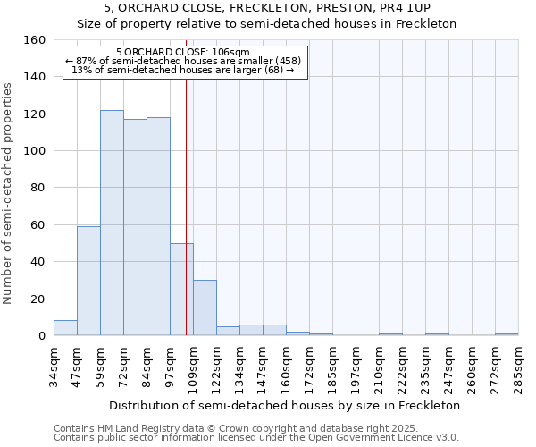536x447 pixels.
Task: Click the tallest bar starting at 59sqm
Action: (x=112, y=223)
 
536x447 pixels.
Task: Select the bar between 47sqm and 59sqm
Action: (x=88, y=281)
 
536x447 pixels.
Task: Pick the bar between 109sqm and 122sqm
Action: (x=205, y=308)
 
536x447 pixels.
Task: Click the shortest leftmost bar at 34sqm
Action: (x=65, y=328)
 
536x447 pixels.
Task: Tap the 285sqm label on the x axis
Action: (x=518, y=366)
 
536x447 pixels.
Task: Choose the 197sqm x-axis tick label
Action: (x=356, y=366)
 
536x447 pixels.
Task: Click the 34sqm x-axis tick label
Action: (x=54, y=366)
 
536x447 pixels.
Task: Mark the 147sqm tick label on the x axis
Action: (x=263, y=366)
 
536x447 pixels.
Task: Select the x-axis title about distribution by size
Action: (x=286, y=405)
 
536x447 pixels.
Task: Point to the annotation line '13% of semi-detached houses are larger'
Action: (x=182, y=70)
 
